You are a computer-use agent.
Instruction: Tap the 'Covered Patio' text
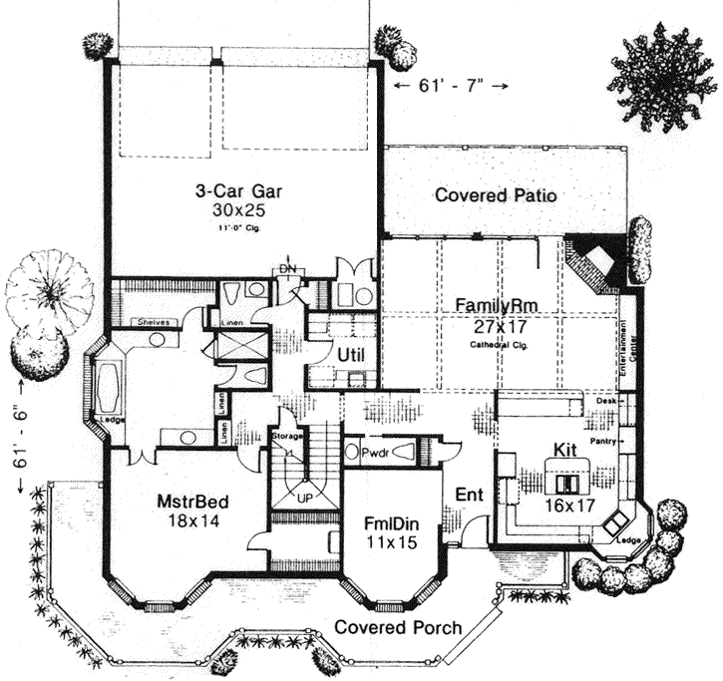tap(496, 195)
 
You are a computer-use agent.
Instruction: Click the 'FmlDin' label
tap(389, 524)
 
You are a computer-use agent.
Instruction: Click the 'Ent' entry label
tap(469, 495)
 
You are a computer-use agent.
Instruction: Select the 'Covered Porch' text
tap(398, 627)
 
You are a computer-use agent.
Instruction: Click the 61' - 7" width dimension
tap(452, 87)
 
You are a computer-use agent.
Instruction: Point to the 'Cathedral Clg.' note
tap(493, 344)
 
